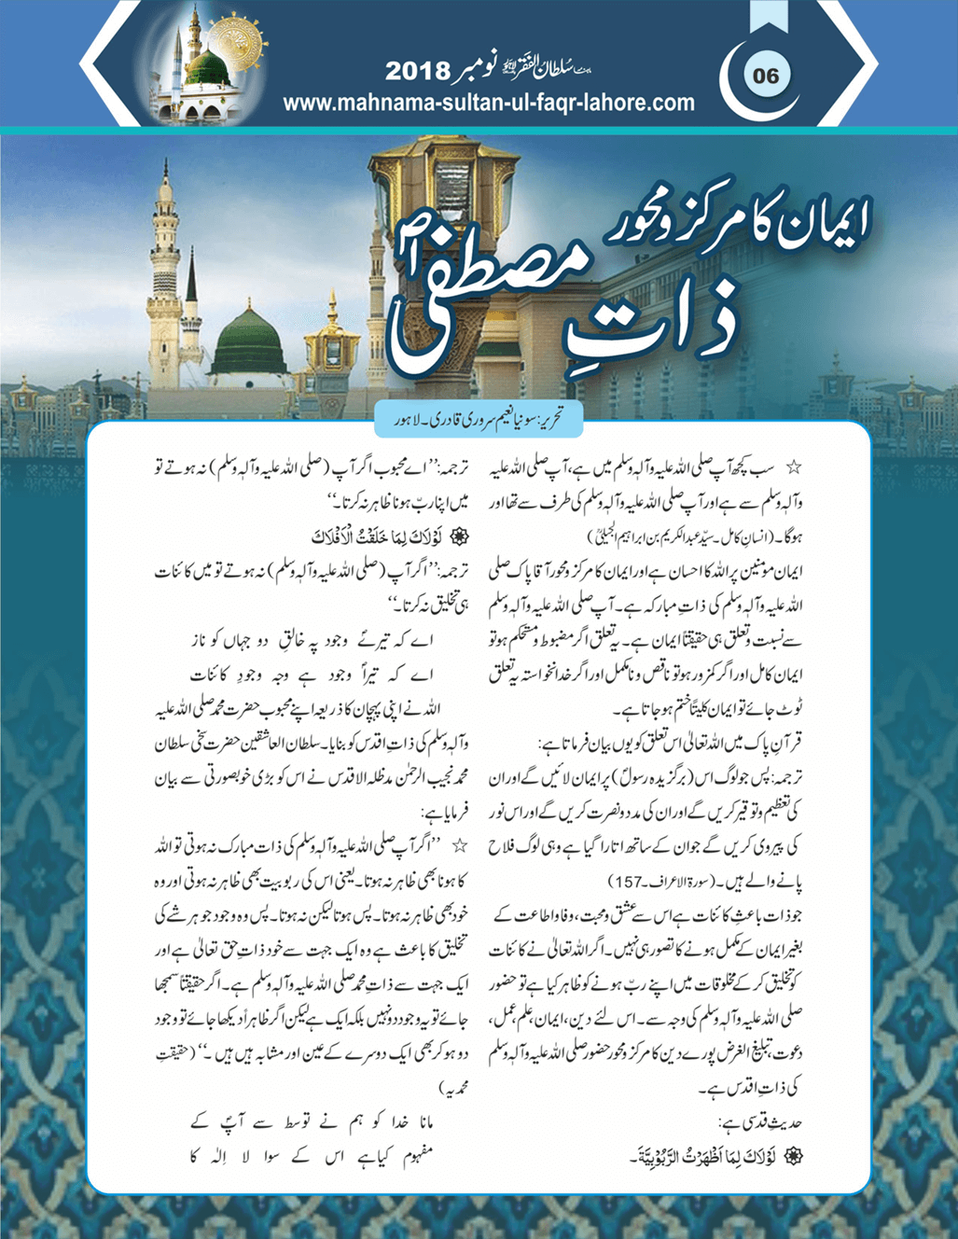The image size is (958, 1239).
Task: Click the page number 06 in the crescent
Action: tap(765, 75)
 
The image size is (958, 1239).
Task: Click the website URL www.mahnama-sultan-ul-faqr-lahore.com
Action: tap(488, 103)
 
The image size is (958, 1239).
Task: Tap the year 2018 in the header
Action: tap(417, 71)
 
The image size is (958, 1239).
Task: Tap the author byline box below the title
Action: tap(479, 419)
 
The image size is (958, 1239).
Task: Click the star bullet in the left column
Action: tap(460, 846)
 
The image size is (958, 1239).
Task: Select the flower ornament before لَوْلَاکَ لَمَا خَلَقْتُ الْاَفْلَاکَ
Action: tap(458, 536)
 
